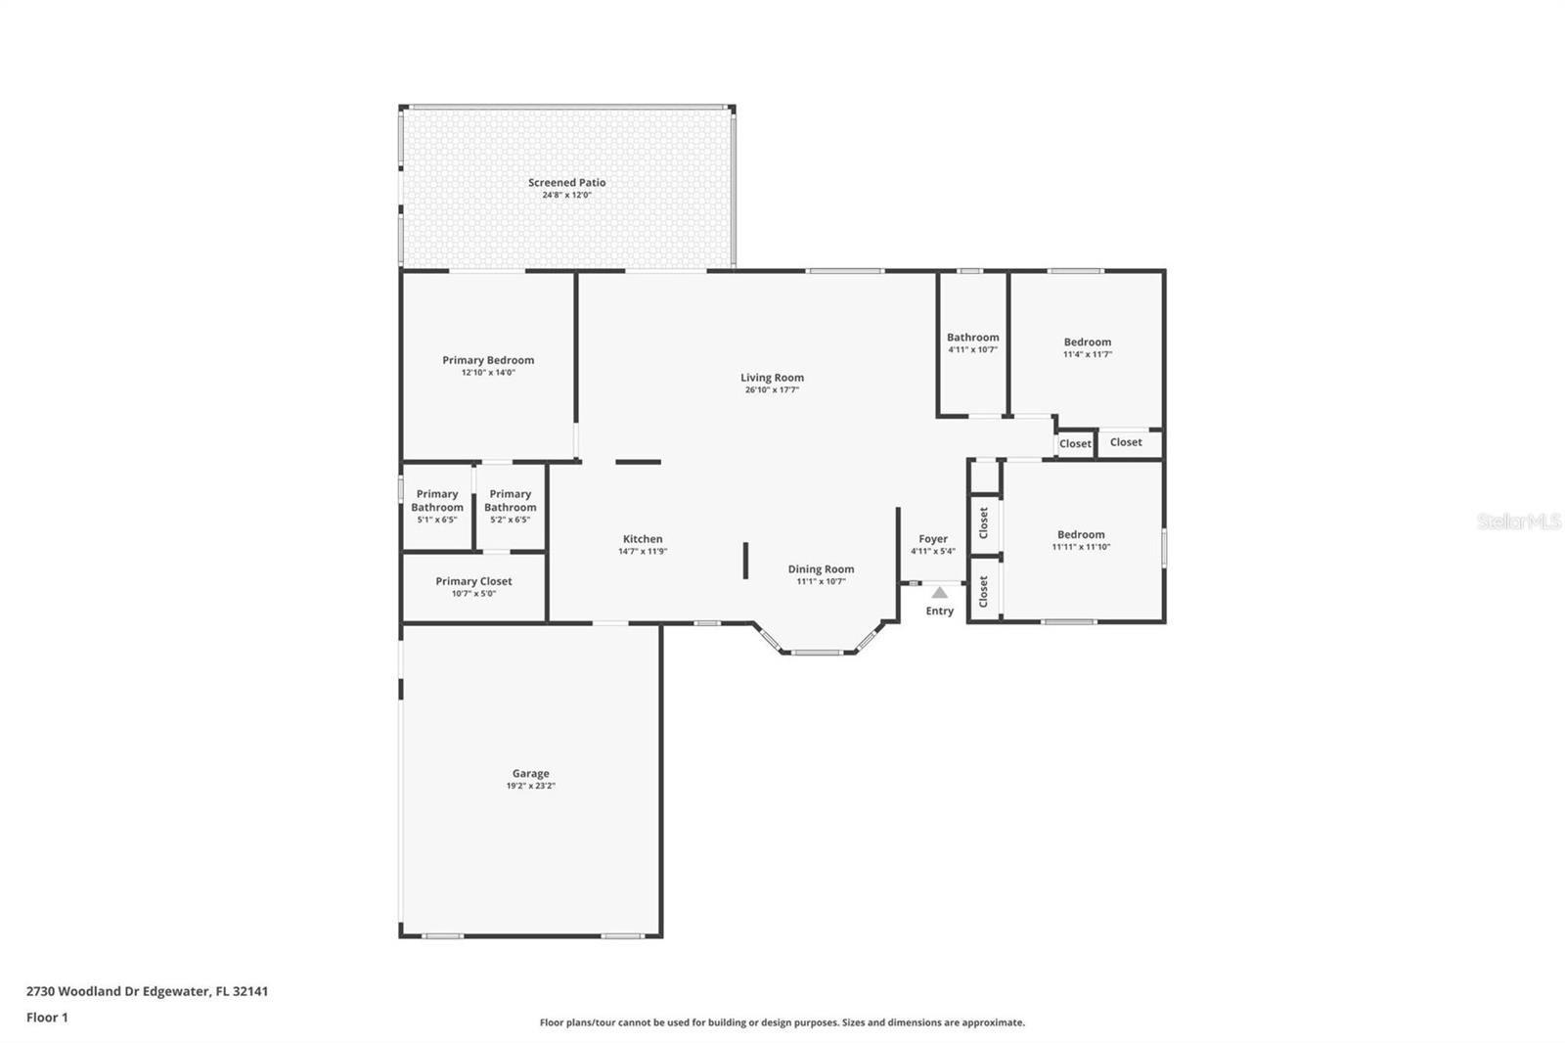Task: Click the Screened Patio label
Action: (x=566, y=182)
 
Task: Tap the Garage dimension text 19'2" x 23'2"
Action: (x=530, y=786)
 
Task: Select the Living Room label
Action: (x=772, y=378)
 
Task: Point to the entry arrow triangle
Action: (x=940, y=593)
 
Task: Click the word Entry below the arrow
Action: (x=940, y=611)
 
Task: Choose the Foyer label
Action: (x=933, y=539)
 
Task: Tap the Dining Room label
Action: (x=821, y=569)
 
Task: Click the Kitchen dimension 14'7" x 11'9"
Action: (x=643, y=552)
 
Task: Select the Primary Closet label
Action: (x=473, y=581)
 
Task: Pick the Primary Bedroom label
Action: (x=488, y=360)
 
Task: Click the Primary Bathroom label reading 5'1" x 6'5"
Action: (x=437, y=506)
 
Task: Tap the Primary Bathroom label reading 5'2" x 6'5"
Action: (x=510, y=506)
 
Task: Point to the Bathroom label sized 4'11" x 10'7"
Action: (x=972, y=342)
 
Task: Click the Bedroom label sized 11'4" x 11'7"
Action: (x=1087, y=347)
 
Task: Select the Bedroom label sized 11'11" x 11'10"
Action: (x=1081, y=540)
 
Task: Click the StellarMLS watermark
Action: (x=1519, y=521)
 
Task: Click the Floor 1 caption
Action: (x=48, y=1018)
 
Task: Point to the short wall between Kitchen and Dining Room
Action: (x=745, y=561)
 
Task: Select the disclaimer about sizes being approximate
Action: (x=782, y=1022)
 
